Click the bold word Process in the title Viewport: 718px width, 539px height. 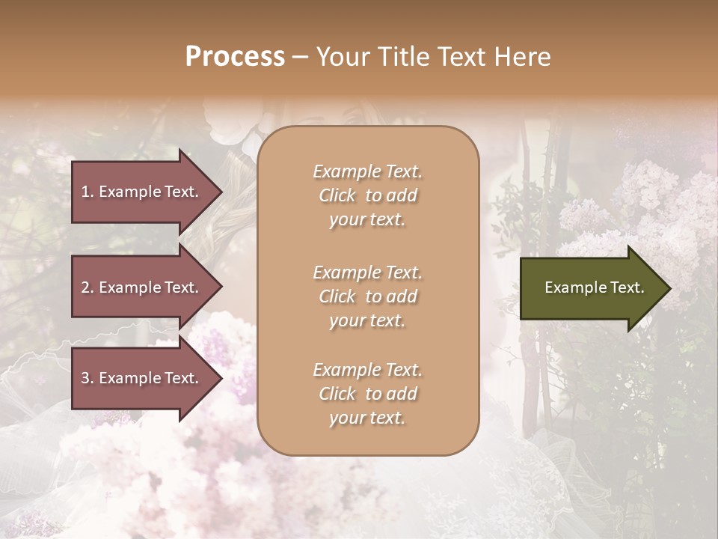pyautogui.click(x=235, y=57)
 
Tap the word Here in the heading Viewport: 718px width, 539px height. pyautogui.click(x=523, y=57)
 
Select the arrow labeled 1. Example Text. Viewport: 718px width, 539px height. pyautogui.click(x=140, y=192)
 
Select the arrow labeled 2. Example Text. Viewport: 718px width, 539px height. pyautogui.click(x=140, y=287)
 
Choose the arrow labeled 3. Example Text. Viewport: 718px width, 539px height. pyautogui.click(x=140, y=378)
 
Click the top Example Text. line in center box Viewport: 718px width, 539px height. pyautogui.click(x=367, y=171)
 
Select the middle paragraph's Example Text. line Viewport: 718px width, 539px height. pyautogui.click(x=367, y=272)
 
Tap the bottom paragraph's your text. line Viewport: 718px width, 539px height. pyautogui.click(x=367, y=418)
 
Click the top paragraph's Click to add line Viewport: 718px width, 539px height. pyautogui.click(x=367, y=195)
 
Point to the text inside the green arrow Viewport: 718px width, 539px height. pyautogui.click(x=594, y=287)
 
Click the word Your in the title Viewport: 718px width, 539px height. pyautogui.click(x=340, y=57)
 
